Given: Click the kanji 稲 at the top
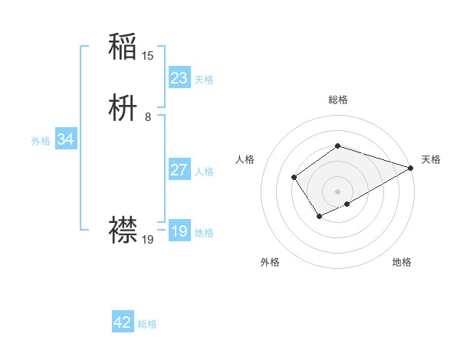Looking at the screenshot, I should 123,46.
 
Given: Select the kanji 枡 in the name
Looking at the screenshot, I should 123,109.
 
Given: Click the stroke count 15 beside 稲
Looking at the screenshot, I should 148,55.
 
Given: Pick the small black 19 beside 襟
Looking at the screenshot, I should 148,240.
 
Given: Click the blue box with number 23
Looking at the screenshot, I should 179,78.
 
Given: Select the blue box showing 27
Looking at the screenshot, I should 179,170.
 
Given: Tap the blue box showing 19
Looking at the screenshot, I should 179,231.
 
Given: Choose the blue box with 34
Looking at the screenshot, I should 65,139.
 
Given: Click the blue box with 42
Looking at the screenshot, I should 123,322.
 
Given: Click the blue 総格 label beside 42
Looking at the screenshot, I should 147,324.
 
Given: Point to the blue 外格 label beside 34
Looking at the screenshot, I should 40,141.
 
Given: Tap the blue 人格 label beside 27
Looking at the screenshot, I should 204,172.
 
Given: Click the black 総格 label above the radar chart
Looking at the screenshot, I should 337,100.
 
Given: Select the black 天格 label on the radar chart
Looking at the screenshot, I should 431,159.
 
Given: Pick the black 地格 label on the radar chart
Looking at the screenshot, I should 402,263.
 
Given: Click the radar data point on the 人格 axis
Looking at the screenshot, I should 294,178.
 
